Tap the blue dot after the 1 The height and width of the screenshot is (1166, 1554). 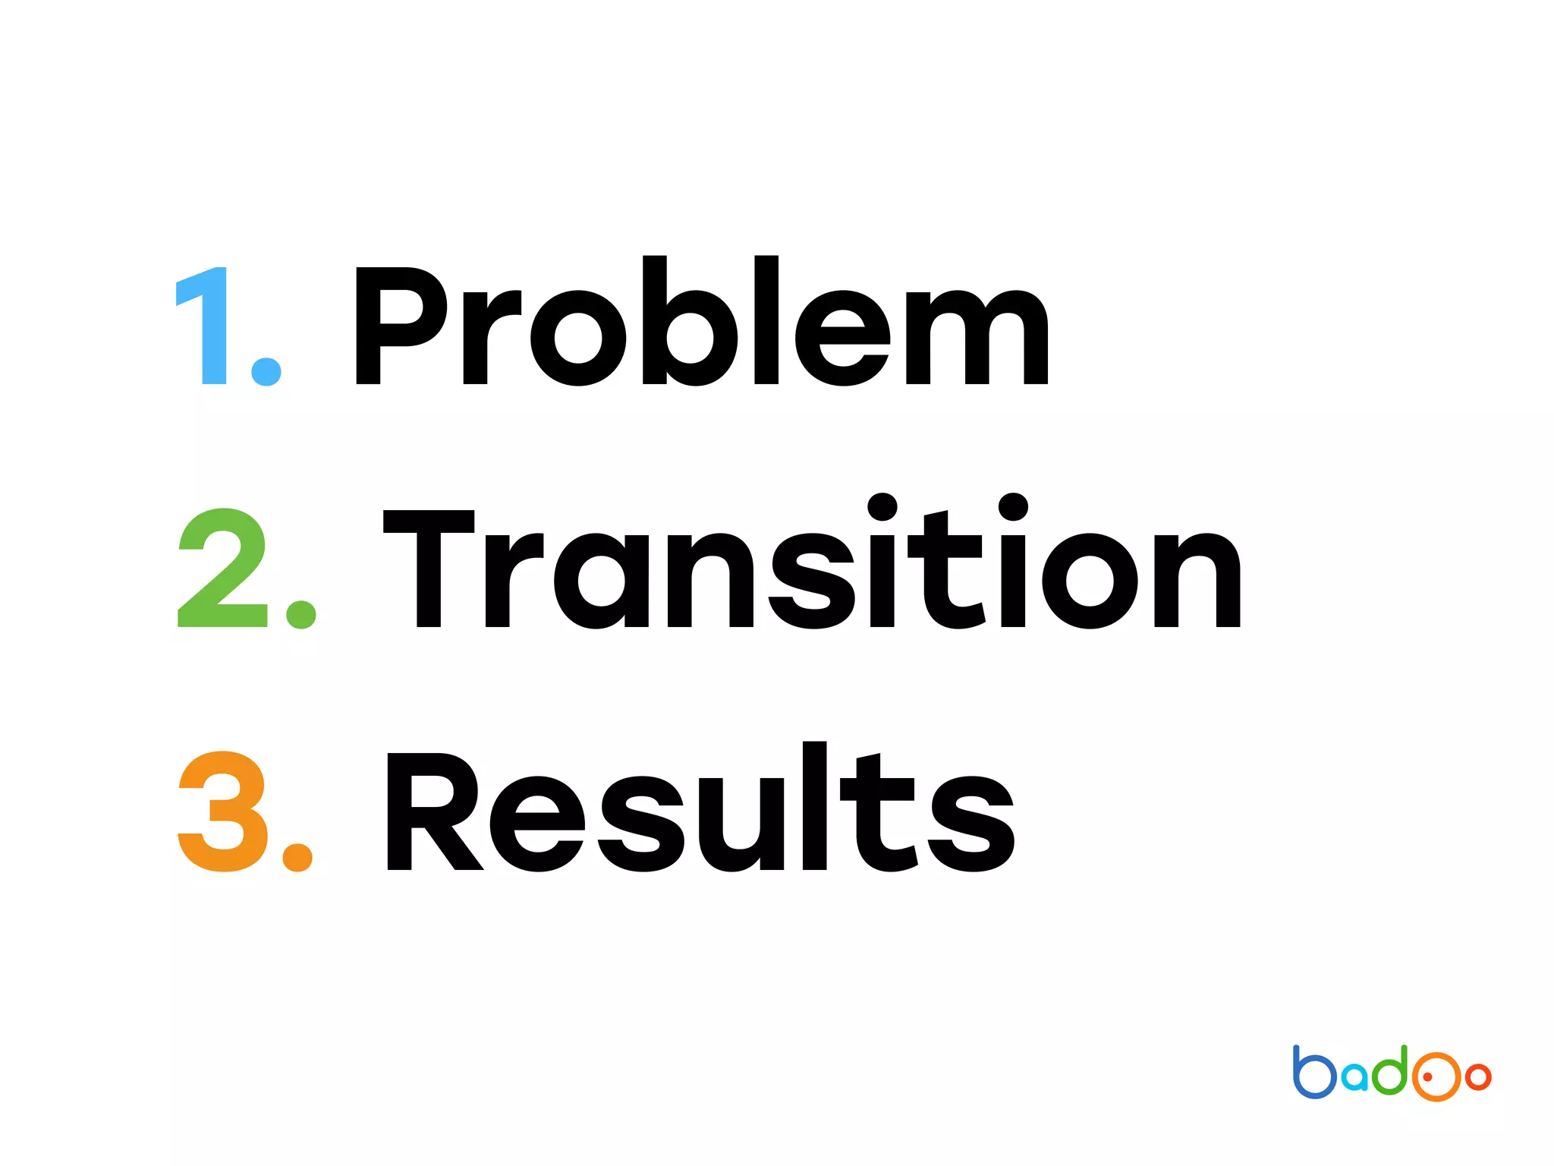click(x=266, y=371)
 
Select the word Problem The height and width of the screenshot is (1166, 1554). click(x=701, y=323)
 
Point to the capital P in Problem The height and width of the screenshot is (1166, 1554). click(x=398, y=326)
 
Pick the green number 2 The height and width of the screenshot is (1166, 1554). click(x=222, y=569)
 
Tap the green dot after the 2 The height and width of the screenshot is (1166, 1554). click(x=301, y=614)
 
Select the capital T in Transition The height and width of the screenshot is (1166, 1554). click(x=429, y=567)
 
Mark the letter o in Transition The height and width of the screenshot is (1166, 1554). click(x=1090, y=581)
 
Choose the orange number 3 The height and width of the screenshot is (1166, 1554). click(x=222, y=811)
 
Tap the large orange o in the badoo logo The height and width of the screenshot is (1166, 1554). click(x=1436, y=1076)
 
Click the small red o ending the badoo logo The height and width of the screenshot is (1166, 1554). click(x=1478, y=1076)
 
